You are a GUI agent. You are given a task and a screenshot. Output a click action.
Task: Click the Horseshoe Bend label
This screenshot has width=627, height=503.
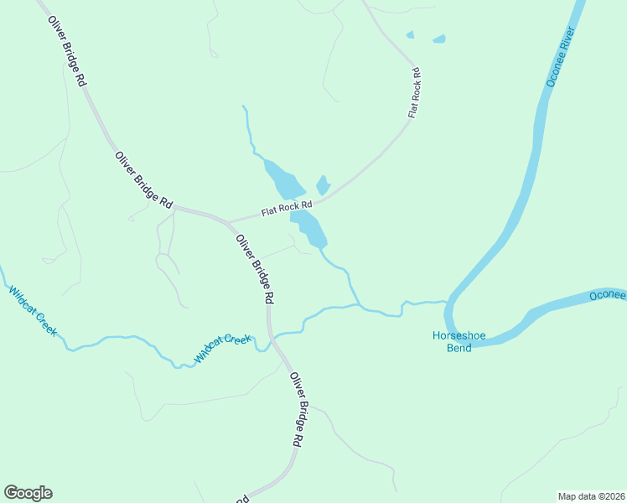[x=452, y=341]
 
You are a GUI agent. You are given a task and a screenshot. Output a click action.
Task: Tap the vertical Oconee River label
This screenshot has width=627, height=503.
[x=559, y=57]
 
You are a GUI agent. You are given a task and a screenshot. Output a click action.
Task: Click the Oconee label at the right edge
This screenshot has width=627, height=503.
[x=607, y=295]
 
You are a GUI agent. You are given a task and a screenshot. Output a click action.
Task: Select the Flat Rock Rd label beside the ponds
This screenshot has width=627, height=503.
[x=286, y=206]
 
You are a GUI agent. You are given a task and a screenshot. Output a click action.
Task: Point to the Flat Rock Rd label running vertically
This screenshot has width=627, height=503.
[x=414, y=92]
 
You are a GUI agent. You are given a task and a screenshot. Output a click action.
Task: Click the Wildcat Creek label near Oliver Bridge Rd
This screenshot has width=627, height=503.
[x=223, y=348]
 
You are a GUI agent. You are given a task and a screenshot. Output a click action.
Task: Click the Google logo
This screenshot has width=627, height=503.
[x=28, y=493]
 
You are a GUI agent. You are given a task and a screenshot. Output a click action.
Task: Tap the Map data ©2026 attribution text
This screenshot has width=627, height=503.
[x=592, y=495]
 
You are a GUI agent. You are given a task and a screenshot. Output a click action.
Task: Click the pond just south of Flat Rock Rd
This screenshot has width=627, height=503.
[x=308, y=227]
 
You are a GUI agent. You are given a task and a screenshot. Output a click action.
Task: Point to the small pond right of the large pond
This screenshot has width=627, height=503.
[x=323, y=185]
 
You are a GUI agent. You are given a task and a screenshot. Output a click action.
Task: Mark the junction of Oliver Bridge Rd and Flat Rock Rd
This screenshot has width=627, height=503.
[x=228, y=222]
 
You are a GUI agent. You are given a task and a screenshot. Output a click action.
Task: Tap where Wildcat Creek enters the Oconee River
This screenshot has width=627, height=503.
[x=447, y=302]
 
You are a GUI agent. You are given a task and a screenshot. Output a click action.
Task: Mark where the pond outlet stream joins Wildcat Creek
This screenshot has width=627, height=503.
[x=360, y=305]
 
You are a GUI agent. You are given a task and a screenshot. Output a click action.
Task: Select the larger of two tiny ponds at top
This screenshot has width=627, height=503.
[x=438, y=39]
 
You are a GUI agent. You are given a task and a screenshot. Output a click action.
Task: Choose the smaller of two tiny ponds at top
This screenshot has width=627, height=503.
[x=410, y=35]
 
